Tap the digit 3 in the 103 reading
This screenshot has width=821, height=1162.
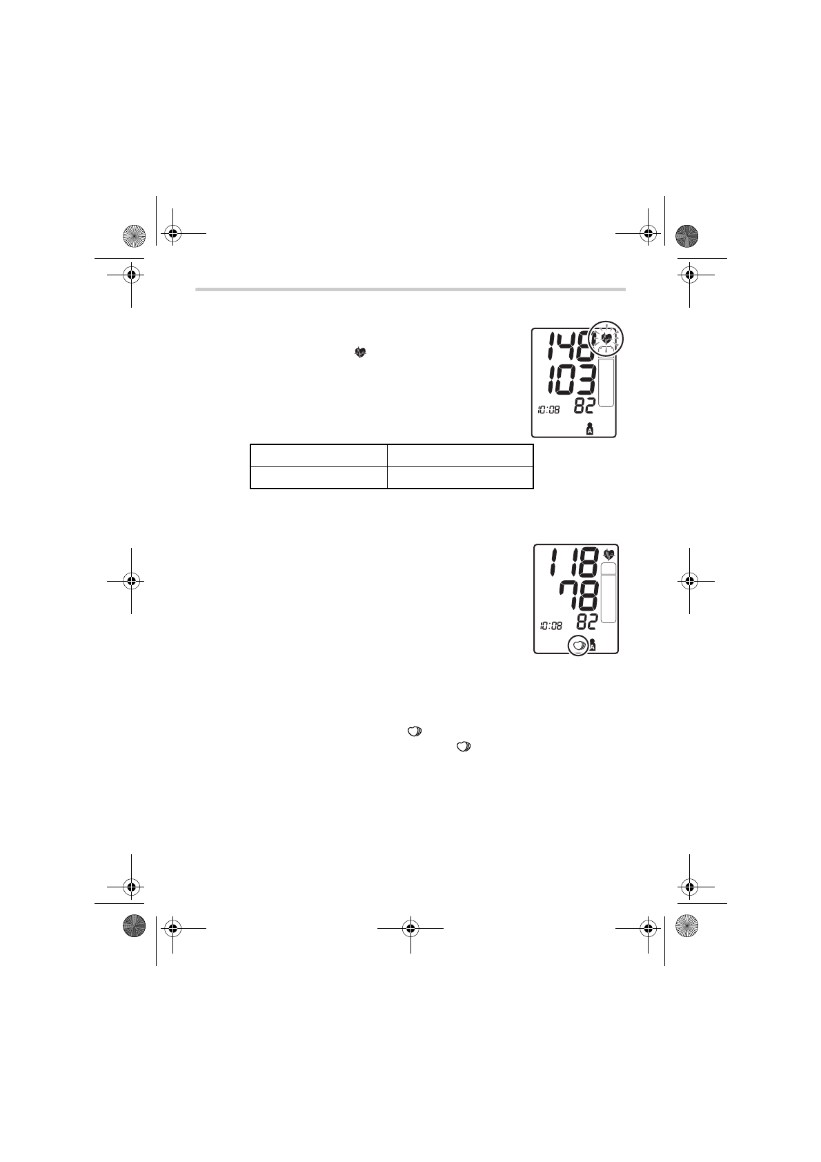[x=586, y=381]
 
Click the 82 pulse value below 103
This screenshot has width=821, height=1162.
[x=584, y=406]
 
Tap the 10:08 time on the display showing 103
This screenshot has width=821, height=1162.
[x=548, y=410]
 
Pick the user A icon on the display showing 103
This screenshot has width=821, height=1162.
[x=590, y=429]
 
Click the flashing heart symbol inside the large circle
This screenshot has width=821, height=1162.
[x=605, y=339]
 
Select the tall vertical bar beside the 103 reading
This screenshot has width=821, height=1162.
[x=606, y=382]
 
